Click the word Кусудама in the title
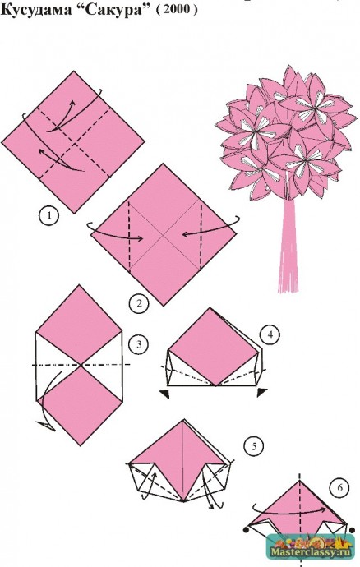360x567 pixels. (36, 10)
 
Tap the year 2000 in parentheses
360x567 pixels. (177, 10)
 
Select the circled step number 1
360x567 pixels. (48, 216)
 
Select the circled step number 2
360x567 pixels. (139, 303)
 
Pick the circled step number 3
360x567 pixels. (139, 343)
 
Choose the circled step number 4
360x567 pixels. (270, 334)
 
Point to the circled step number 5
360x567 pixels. (254, 446)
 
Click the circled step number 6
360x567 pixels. (339, 488)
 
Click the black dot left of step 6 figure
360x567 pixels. (246, 530)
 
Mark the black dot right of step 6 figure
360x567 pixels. (353, 530)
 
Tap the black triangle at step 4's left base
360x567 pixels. (165, 394)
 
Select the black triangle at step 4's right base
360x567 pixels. (262, 392)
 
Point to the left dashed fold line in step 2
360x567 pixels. (129, 236)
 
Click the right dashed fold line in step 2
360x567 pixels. (201, 235)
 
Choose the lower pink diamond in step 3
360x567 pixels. (80, 405)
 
